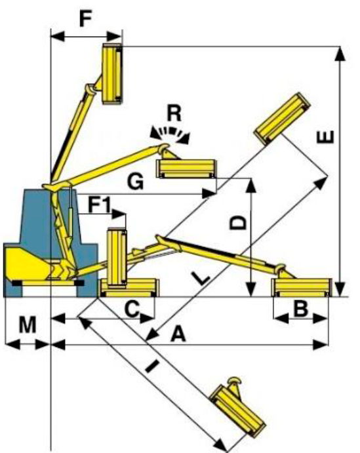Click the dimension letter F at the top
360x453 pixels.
pyautogui.click(x=85, y=19)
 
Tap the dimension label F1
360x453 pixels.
pyautogui.click(x=100, y=205)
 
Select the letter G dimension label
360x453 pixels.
pyautogui.click(x=135, y=182)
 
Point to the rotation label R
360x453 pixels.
pyautogui.click(x=174, y=113)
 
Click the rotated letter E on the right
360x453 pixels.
pyautogui.click(x=325, y=137)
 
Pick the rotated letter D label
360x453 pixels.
pyautogui.click(x=238, y=222)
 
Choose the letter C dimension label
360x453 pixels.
pyautogui.click(x=132, y=308)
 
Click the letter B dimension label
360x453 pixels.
pyautogui.click(x=300, y=308)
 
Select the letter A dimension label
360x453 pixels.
pyautogui.click(x=178, y=334)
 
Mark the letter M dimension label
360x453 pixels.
pyautogui.click(x=28, y=325)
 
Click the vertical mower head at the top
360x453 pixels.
pyautogui.click(x=113, y=73)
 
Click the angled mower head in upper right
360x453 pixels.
pyautogui.click(x=282, y=119)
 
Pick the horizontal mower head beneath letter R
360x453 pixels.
pyautogui.click(x=186, y=168)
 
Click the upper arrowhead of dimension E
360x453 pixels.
pyautogui.click(x=340, y=54)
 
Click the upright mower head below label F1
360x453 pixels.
pyautogui.click(x=117, y=258)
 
